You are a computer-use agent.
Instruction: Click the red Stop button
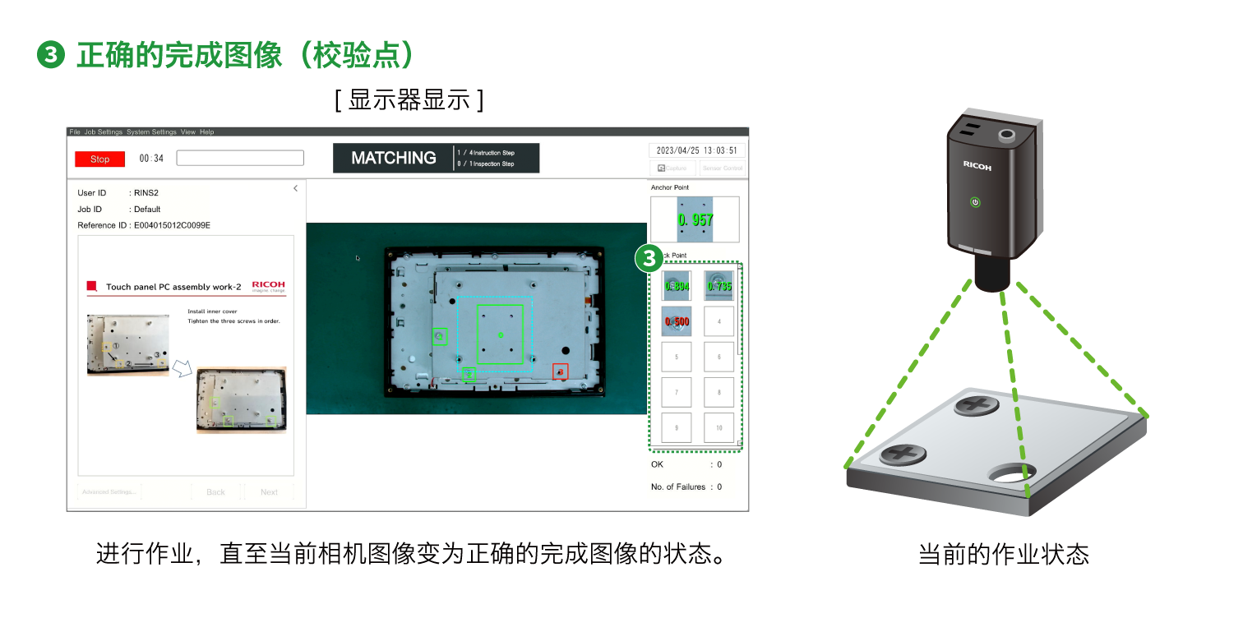click(99, 159)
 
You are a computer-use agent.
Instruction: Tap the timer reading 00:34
click(151, 159)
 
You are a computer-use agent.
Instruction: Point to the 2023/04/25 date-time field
click(697, 150)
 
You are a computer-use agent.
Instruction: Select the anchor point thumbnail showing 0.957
click(695, 219)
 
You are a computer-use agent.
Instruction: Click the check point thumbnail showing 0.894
click(677, 286)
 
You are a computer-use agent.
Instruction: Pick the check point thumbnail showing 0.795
click(719, 286)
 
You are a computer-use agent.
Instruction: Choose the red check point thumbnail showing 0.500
click(677, 321)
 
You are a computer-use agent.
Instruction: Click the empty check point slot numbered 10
click(719, 428)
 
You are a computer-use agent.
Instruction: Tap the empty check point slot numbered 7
click(677, 393)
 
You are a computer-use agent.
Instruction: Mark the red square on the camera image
click(560, 371)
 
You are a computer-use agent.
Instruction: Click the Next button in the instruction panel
click(269, 492)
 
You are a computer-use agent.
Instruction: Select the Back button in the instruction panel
click(216, 492)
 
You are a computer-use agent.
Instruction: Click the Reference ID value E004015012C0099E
click(172, 225)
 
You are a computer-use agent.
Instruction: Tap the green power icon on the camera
click(975, 202)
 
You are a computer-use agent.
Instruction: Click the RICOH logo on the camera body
click(977, 166)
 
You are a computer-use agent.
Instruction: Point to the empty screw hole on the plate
click(1011, 473)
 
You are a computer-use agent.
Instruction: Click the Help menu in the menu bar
click(207, 131)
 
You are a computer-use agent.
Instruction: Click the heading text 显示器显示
click(409, 100)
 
